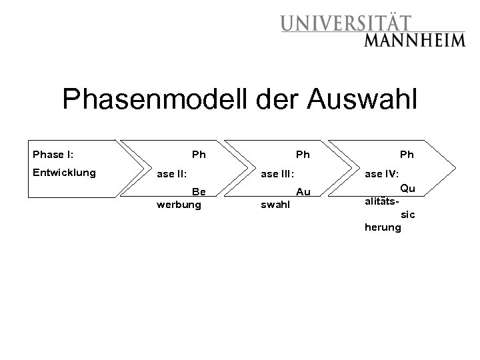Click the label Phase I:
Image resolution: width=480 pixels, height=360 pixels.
point(53,155)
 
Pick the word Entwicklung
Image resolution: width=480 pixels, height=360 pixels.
point(64,173)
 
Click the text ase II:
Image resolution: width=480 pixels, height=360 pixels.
point(171,174)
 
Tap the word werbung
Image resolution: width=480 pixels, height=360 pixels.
point(179,205)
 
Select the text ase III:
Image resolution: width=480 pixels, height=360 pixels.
point(277,174)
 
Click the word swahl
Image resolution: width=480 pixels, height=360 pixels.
point(275,205)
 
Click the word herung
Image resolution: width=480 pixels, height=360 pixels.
point(383,227)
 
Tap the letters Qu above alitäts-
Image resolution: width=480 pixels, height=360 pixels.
point(407,188)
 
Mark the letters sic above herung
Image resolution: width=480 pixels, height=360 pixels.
point(407,215)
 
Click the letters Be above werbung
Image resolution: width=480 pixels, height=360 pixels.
point(199,192)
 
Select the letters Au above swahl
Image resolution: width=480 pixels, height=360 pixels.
point(303,192)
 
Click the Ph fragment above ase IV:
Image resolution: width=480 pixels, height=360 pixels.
point(407,155)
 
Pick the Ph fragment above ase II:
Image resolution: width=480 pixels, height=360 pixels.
point(199,155)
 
